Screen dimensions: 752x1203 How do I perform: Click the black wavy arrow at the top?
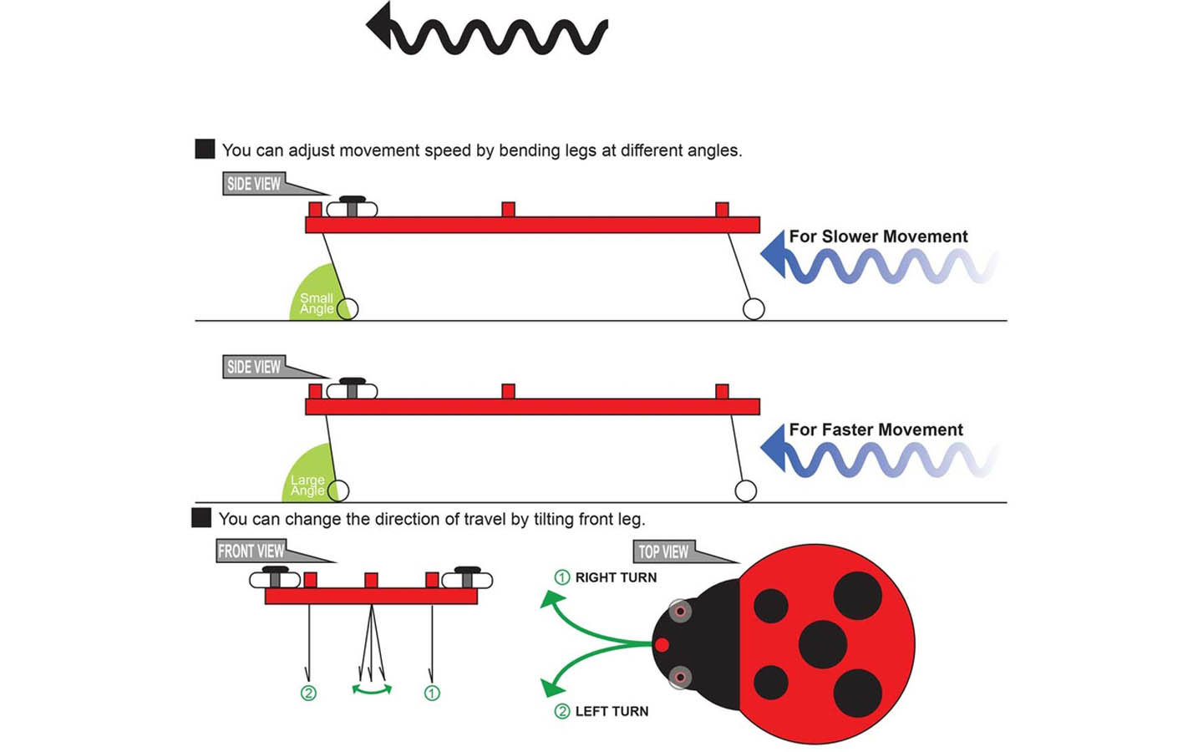tap(489, 33)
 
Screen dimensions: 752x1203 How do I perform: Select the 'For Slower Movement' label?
tap(878, 236)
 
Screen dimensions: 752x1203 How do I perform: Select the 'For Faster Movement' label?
tap(876, 429)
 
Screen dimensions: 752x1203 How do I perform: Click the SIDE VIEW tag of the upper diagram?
tap(254, 184)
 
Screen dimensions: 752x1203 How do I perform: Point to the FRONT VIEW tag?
tap(251, 551)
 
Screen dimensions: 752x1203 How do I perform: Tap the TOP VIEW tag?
tap(663, 551)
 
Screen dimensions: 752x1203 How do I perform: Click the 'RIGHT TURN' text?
tap(616, 577)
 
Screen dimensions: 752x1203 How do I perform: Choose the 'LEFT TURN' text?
tap(612, 711)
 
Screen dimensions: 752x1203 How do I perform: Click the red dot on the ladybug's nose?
tap(662, 644)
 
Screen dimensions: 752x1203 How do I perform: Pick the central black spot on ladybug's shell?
tap(823, 644)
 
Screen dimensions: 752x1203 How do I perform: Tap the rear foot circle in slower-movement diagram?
tap(754, 309)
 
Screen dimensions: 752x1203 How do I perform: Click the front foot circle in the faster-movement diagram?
tap(339, 490)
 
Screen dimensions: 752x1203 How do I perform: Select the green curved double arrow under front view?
tap(372, 689)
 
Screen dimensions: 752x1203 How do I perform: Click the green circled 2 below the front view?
tap(308, 693)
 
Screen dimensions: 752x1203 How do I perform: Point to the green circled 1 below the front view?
tap(432, 693)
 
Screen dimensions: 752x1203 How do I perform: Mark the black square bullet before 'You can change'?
tap(201, 517)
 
